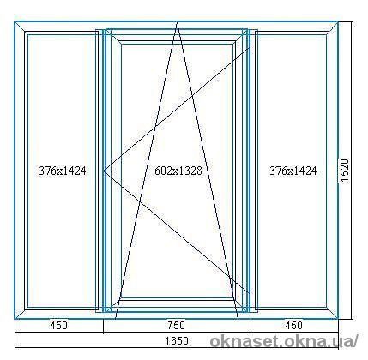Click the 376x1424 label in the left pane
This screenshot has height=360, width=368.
coord(63,171)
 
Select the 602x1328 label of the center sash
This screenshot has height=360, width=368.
coord(178,171)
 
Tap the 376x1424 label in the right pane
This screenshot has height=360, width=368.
coord(293,171)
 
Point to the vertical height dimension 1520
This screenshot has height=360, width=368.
coord(345,171)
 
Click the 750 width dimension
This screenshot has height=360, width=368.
coord(177,326)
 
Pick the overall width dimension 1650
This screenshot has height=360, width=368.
coord(177,340)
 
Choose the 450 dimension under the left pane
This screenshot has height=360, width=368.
coord(58,326)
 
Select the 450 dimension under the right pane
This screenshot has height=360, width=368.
coord(293,326)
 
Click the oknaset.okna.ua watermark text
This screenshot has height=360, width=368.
coord(284,341)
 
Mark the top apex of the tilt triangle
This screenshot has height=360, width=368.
coord(177,23)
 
